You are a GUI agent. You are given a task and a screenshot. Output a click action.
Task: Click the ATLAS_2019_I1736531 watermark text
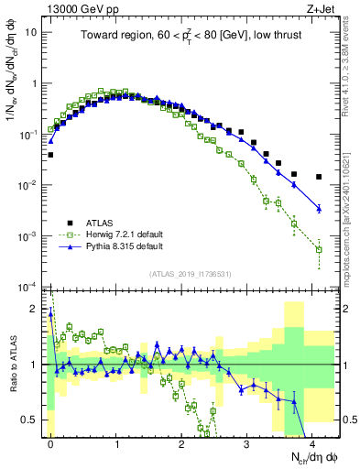point(191,274)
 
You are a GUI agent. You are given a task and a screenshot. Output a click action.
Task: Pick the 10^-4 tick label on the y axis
point(30,288)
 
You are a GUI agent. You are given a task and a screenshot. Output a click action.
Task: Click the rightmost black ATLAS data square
point(319,177)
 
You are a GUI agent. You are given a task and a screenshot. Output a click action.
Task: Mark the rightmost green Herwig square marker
point(319,249)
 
